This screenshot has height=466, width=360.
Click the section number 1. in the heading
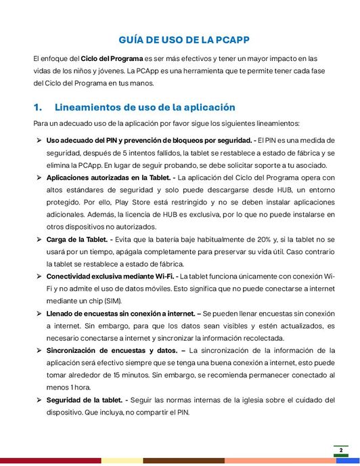point(38,107)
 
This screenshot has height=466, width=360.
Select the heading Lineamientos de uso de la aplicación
point(145,107)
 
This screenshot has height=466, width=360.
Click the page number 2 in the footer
point(341,450)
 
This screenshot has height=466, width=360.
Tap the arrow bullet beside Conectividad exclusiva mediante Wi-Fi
point(38,276)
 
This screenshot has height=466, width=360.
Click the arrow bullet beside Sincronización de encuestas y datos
point(38,350)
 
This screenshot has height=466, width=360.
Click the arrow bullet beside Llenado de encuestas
point(38,314)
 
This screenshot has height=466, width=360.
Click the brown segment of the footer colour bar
point(183,461)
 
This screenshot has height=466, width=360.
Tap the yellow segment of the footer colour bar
point(122,461)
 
